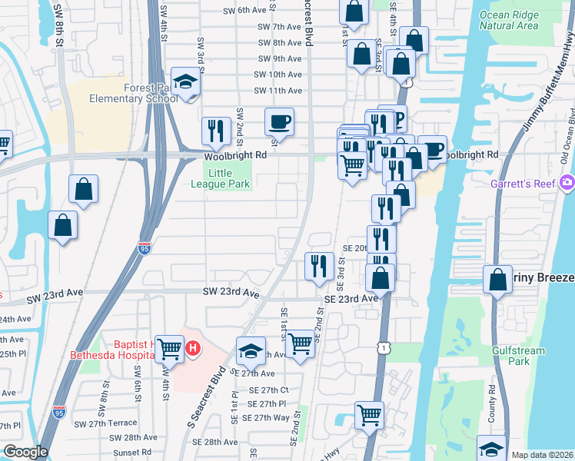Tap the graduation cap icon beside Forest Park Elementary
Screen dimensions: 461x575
[x=185, y=82]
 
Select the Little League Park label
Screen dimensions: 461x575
[x=214, y=178]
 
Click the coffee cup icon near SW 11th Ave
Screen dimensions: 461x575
[x=279, y=121]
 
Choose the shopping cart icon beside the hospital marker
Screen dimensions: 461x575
[x=168, y=348]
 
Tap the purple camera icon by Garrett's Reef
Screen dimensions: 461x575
[x=568, y=182]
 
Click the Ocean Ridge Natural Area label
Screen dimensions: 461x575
[x=508, y=20]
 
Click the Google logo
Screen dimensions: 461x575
[x=25, y=452]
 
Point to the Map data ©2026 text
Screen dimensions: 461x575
[x=541, y=455]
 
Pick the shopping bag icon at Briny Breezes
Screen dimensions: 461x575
[x=497, y=280]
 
